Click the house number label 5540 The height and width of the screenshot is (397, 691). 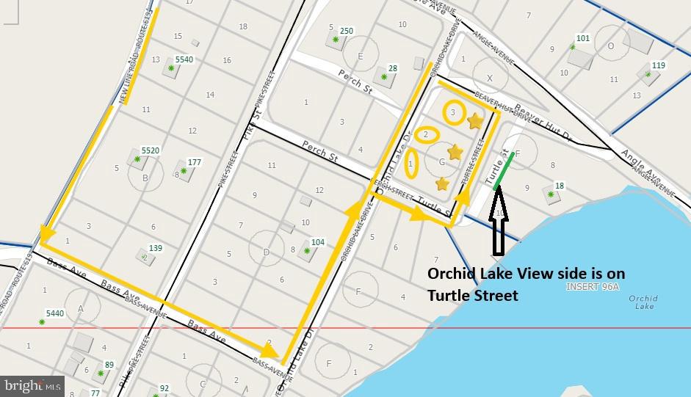[x=184, y=59]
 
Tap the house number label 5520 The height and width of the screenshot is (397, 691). [x=150, y=150]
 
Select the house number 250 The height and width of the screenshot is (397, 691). [x=347, y=31]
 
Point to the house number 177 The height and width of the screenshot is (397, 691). [x=195, y=162]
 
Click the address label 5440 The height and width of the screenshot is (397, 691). [x=54, y=313]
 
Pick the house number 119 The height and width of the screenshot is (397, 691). [x=659, y=65]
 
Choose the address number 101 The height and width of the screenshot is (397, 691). [x=583, y=38]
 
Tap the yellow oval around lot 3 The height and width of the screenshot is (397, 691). [x=454, y=112]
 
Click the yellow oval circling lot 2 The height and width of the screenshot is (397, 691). [x=426, y=135]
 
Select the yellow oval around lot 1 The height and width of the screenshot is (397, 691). [x=411, y=164]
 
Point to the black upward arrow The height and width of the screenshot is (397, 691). [x=498, y=220]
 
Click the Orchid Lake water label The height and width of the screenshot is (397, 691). [x=643, y=302]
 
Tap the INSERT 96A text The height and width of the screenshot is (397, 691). [x=593, y=287]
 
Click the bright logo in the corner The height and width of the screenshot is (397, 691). [x=32, y=385]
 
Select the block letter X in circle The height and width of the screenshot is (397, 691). [x=490, y=78]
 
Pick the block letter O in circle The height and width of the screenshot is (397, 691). [x=611, y=45]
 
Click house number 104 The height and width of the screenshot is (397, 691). [x=317, y=242]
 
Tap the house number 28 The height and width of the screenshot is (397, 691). [x=393, y=69]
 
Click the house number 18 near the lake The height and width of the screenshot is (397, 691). [x=560, y=186]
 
